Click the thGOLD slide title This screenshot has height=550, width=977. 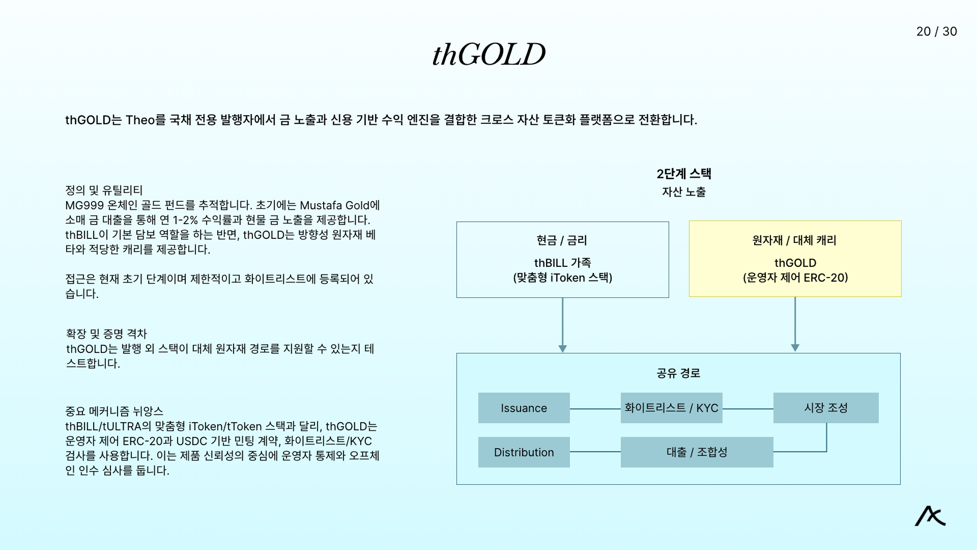(489, 54)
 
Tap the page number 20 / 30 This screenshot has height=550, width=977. (936, 32)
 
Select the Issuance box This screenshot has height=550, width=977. (524, 408)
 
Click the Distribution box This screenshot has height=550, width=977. (524, 452)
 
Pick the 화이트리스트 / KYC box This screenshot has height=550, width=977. (671, 408)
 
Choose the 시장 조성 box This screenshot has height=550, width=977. (826, 408)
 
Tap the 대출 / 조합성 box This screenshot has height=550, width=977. (697, 452)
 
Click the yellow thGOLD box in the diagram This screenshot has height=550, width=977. (795, 259)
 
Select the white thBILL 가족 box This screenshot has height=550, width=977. (562, 260)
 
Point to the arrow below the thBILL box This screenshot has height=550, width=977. (562, 325)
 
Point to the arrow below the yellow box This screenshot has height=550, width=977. (795, 324)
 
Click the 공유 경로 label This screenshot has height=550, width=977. (678, 373)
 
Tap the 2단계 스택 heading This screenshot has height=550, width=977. (684, 174)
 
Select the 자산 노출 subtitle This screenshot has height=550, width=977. (684, 192)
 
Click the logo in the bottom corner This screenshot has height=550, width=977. (930, 516)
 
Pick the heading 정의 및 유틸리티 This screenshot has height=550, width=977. (104, 190)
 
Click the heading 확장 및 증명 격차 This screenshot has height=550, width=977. (106, 334)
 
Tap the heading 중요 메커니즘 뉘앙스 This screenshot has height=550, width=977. (114, 411)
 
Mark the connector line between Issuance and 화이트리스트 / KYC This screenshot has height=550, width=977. (595, 408)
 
